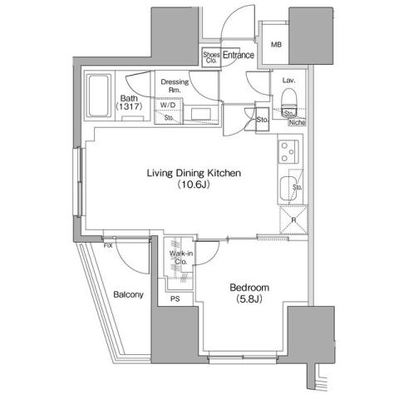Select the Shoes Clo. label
pyautogui.click(x=211, y=57)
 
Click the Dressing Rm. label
pyautogui.click(x=175, y=86)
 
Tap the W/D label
pyautogui.click(x=168, y=105)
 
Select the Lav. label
pyautogui.click(x=289, y=81)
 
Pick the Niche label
pyautogui.click(x=297, y=122)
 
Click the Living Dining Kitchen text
pyautogui.click(x=194, y=174)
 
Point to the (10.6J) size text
pyautogui.click(x=194, y=187)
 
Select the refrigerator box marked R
pyautogui.click(x=291, y=221)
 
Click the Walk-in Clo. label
pyautogui.click(x=180, y=257)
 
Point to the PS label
pyautogui.click(x=175, y=298)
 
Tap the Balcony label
pyautogui.click(x=128, y=295)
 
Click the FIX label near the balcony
pyautogui.click(x=108, y=246)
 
